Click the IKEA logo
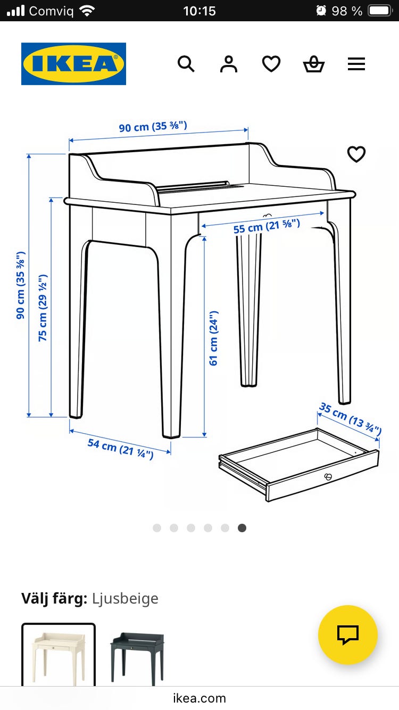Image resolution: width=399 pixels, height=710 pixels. click(x=73, y=64)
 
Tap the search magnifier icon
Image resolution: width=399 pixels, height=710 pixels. click(x=186, y=64)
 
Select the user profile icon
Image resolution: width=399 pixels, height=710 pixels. click(x=229, y=64)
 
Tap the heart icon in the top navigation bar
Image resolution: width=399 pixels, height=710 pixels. click(x=271, y=64)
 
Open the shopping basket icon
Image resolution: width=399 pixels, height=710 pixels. click(x=314, y=64)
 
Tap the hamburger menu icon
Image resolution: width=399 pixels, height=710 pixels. click(x=356, y=64)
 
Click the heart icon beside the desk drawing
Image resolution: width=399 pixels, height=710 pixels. click(x=356, y=154)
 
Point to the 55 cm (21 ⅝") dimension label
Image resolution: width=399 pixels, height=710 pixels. click(x=267, y=226)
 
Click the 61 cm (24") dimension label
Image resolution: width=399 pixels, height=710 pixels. click(x=214, y=338)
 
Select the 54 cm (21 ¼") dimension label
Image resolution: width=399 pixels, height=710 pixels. click(x=120, y=449)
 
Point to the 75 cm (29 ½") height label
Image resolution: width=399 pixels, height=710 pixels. click(x=43, y=308)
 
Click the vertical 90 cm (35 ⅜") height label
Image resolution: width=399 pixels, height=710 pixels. click(x=20, y=285)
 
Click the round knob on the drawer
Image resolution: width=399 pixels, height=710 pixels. click(x=328, y=476)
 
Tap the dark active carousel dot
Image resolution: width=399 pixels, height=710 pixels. click(x=242, y=528)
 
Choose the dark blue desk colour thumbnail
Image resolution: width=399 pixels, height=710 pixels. click(x=137, y=656)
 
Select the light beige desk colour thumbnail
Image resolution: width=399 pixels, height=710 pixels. click(x=59, y=655)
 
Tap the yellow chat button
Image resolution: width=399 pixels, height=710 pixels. click(x=347, y=635)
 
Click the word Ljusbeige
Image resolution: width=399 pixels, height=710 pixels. click(x=125, y=599)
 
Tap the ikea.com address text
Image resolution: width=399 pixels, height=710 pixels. click(x=199, y=698)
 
